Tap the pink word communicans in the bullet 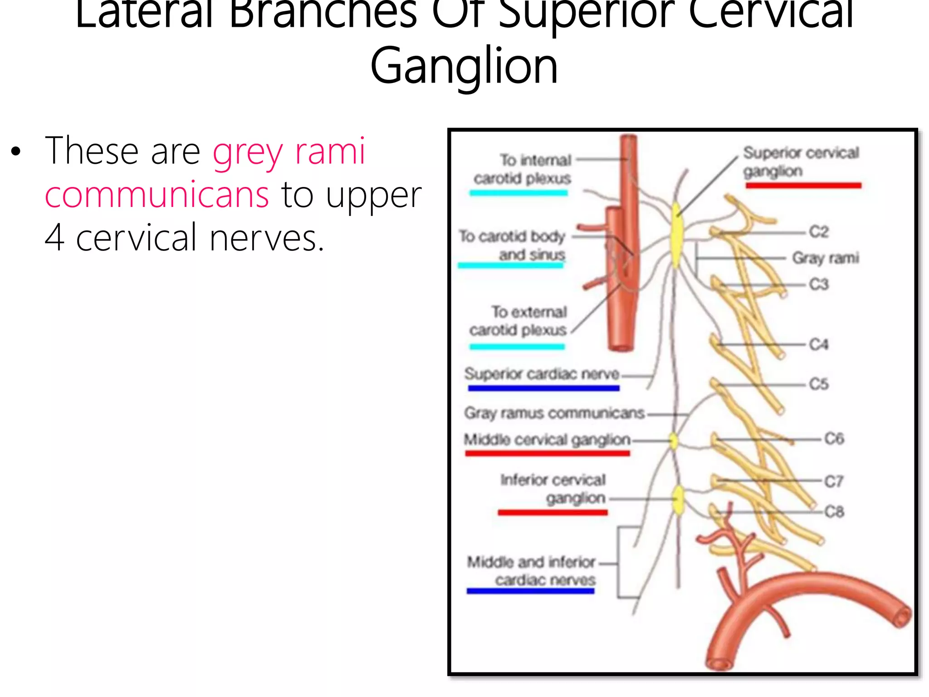(157, 195)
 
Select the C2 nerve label (819, 232)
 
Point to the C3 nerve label (819, 285)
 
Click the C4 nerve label (819, 344)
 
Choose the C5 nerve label (819, 384)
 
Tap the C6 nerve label (834, 438)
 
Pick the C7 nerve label (834, 481)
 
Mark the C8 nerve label (834, 512)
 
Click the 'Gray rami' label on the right (826, 258)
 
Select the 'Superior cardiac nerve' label (542, 374)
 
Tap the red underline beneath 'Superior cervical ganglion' (803, 185)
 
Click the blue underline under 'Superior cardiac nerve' (543, 388)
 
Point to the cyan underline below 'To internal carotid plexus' (518, 193)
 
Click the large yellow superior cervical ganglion (677, 236)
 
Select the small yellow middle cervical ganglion (674, 441)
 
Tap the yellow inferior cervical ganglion (678, 500)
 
